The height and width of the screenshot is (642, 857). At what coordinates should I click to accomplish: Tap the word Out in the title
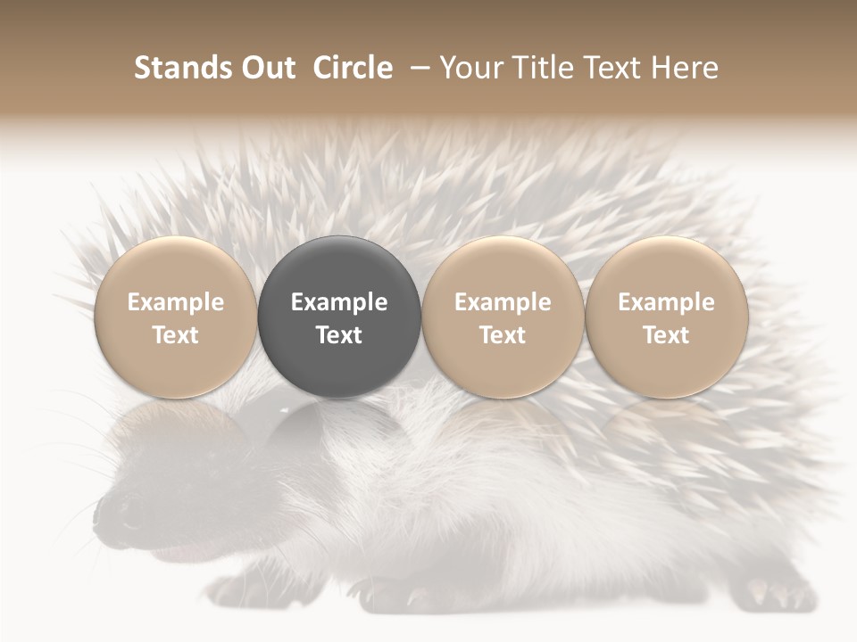266,68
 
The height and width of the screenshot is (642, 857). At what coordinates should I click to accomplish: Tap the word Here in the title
687,68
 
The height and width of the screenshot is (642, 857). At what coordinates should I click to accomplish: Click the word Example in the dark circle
339,302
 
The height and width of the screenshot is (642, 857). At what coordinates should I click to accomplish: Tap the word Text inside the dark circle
339,335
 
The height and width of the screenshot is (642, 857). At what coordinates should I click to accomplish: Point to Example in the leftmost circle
175,302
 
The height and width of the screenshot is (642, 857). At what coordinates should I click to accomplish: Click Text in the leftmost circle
175,335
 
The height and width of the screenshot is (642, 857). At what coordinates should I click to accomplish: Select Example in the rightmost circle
667,302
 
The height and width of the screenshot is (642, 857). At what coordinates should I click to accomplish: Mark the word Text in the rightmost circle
667,335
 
